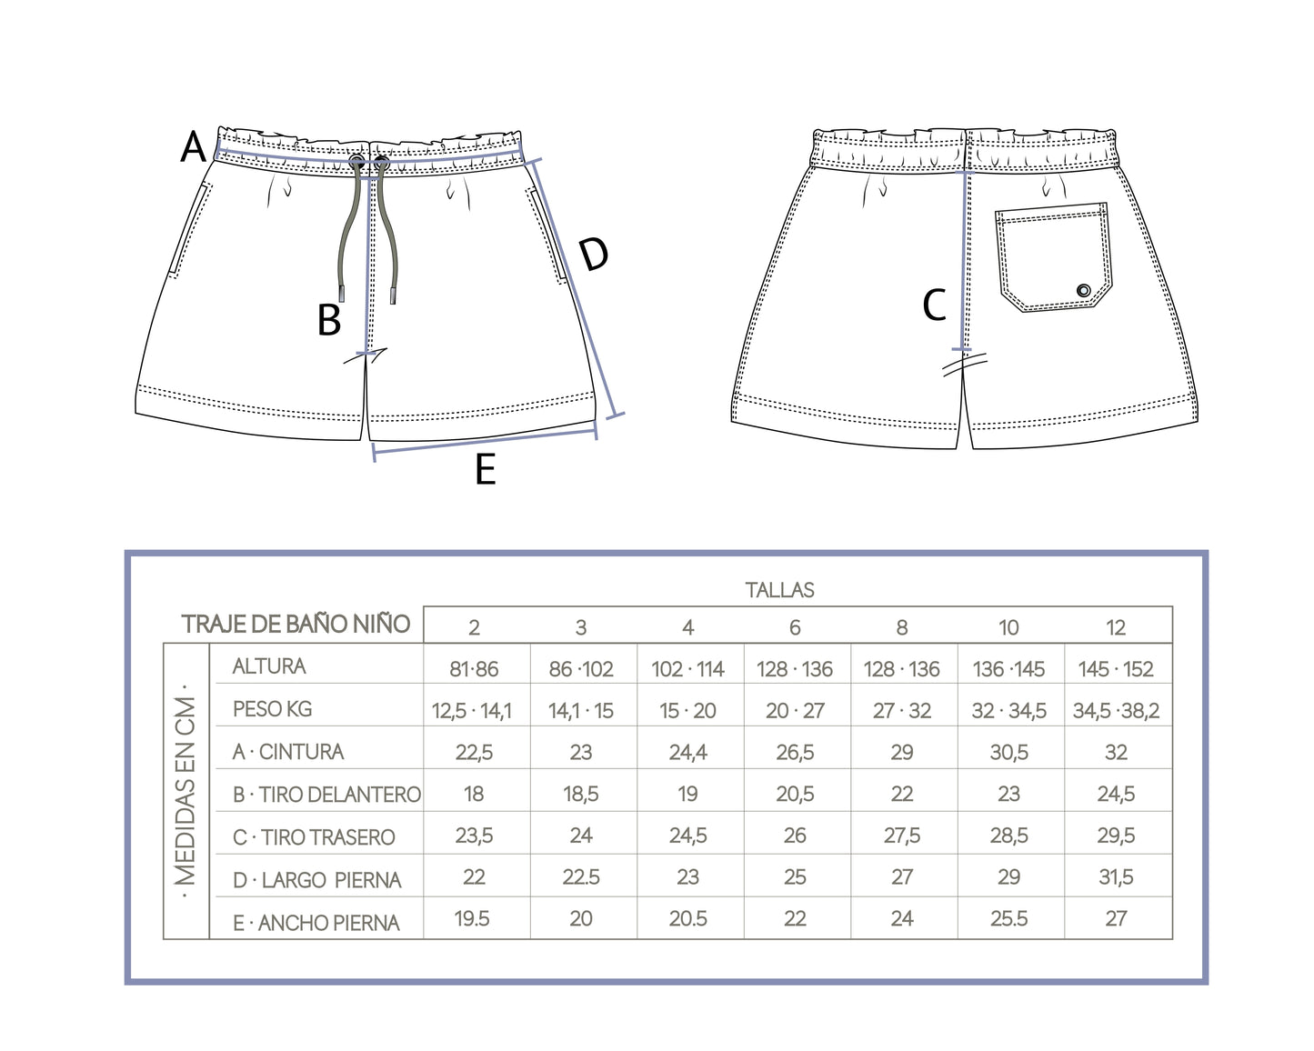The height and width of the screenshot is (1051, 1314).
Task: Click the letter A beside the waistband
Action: point(193,146)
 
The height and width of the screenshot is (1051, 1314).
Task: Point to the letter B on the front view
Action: point(329,320)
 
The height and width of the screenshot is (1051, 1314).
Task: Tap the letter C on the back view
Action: point(934,305)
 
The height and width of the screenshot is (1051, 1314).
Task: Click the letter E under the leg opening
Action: point(486,470)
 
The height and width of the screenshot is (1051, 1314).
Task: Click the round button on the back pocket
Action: point(1083,290)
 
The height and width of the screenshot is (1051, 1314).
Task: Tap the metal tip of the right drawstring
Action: point(394,294)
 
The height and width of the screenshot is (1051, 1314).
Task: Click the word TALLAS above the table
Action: point(779,590)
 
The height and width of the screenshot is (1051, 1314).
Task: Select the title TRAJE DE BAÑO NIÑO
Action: point(296,625)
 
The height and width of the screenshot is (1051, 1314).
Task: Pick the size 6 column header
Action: point(795,627)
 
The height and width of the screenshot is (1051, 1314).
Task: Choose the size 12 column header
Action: point(1116,627)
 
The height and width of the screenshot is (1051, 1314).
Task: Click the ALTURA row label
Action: point(269,666)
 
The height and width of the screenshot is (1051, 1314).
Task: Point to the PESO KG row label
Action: point(272,709)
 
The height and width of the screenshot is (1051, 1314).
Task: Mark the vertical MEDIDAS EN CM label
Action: point(186,791)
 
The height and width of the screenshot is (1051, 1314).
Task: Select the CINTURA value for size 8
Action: point(901,753)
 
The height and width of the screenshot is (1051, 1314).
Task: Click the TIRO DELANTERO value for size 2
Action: point(474,795)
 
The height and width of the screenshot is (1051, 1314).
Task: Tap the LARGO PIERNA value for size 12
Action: point(1116,877)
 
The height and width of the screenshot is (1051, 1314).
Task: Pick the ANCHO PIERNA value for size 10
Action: point(1008,919)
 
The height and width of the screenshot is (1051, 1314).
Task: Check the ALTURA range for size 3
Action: point(581,670)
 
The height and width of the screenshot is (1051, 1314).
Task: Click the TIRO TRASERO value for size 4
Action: point(687,836)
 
